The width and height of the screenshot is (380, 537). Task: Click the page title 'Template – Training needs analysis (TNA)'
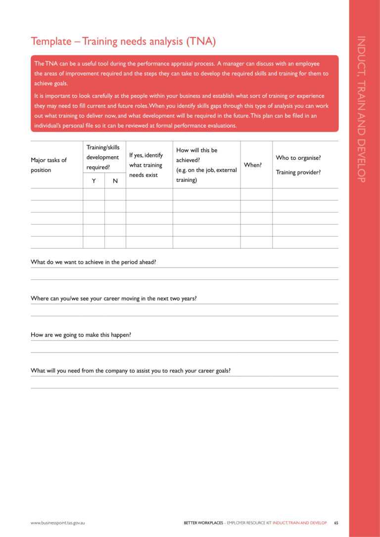coord(123,42)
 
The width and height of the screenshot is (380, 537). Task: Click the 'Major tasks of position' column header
coord(48,165)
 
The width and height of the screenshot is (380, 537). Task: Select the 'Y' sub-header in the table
coord(94,181)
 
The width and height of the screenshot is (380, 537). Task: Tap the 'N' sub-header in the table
coord(115,181)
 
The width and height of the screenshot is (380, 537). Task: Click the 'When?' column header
coord(253,165)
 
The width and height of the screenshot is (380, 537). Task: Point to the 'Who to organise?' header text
coord(298,158)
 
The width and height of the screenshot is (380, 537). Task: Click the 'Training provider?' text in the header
coord(298,173)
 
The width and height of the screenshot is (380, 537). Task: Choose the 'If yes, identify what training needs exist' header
coord(146,165)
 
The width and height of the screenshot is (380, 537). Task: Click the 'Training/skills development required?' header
coord(103,157)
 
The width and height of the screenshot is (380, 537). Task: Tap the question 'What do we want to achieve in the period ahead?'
coord(94,262)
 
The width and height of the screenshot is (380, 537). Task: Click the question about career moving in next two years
coord(114,299)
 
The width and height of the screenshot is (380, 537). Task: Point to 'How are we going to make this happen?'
coord(81,335)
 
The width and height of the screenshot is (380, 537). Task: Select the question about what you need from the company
coord(131,370)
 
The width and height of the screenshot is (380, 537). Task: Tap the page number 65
coord(336,523)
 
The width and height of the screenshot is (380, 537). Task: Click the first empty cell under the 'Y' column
coord(94,194)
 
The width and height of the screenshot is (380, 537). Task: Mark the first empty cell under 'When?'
coord(256,194)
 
